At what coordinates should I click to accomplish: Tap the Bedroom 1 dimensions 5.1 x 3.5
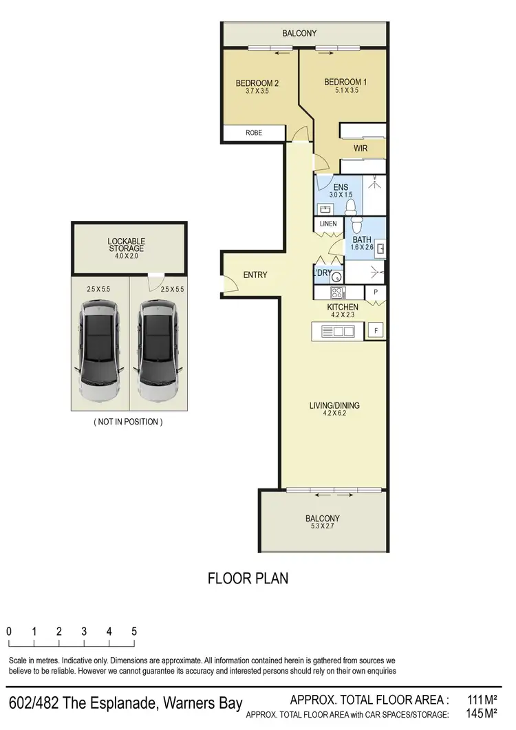pyautogui.click(x=345, y=90)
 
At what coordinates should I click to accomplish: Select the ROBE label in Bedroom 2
pyautogui.click(x=254, y=133)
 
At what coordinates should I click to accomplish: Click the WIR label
pyautogui.click(x=361, y=148)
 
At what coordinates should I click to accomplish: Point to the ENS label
pyautogui.click(x=340, y=187)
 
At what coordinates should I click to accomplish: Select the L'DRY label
pyautogui.click(x=323, y=273)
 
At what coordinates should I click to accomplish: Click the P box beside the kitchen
pyautogui.click(x=376, y=292)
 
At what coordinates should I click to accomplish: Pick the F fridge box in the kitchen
pyautogui.click(x=376, y=330)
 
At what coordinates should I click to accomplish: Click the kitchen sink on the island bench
pyautogui.click(x=343, y=332)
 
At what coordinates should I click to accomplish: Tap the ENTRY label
pyautogui.click(x=255, y=275)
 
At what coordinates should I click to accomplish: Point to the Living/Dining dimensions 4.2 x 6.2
pyautogui.click(x=344, y=414)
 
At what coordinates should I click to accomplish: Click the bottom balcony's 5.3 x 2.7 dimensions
pyautogui.click(x=322, y=527)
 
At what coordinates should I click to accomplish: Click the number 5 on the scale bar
pyautogui.click(x=133, y=631)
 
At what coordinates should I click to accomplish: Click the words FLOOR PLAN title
pyautogui.click(x=248, y=579)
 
